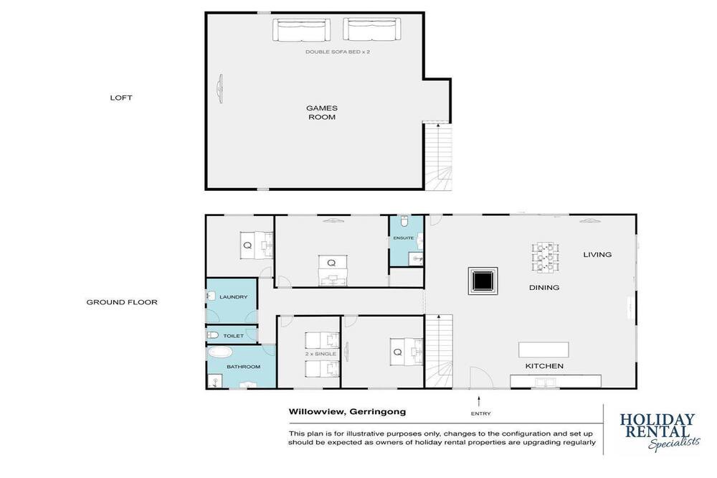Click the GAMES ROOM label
coord(322,113)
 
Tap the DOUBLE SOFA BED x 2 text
coord(338,52)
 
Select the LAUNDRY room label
coord(233,297)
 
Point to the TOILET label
coord(233,336)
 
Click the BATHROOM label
coord(243,367)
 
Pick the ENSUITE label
coord(403,238)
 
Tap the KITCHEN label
coord(544,366)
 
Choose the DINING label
coord(544,288)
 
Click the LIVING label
coord(597,255)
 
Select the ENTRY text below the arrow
coord(480,414)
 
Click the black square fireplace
coord(483,281)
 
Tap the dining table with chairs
coord(545,258)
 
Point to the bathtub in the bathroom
coord(220,352)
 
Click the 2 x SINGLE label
coord(320,354)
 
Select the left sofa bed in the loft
coord(301,29)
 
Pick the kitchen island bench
coord(543,350)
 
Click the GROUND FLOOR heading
coord(122,302)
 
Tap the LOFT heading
coord(120,98)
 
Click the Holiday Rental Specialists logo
coord(660,431)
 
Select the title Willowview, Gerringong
coord(347,412)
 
